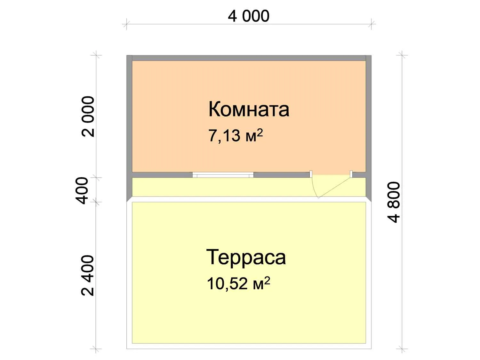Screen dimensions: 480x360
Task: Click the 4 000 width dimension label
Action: click(249, 16)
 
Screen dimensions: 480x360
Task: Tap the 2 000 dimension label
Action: click(88, 116)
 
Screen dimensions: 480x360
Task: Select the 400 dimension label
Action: click(82, 191)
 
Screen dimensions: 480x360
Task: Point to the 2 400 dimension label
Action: click(87, 276)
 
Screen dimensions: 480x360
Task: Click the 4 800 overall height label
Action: click(394, 202)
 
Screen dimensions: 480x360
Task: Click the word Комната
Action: click(249, 109)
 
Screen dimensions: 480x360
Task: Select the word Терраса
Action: click(246, 257)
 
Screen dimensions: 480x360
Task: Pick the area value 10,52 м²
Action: click(239, 283)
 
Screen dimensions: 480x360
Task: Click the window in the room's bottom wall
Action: click(223, 175)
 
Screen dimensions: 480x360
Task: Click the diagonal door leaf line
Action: click(335, 188)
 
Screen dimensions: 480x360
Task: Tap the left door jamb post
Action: click(311, 174)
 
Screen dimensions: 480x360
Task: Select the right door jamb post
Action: click(351, 174)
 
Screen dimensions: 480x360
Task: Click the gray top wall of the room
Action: click(249, 58)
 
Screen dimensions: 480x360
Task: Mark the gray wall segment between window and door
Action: click(282, 175)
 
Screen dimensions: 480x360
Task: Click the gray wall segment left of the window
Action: click(162, 175)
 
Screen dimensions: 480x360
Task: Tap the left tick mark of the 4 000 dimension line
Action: click(127, 24)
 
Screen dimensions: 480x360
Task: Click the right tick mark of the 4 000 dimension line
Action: click(371, 24)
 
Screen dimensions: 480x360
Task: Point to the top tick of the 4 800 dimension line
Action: click(402, 55)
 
